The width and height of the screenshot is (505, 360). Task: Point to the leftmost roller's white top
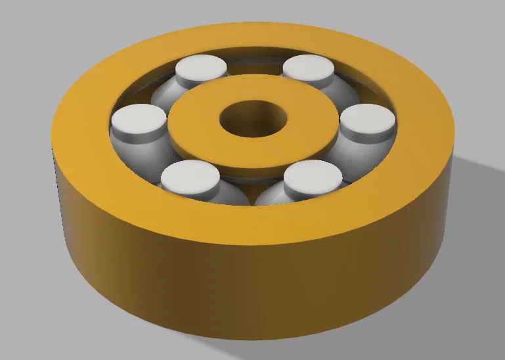139,118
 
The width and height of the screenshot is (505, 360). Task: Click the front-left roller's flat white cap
189,175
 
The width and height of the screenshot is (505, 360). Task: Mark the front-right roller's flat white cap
314,174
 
